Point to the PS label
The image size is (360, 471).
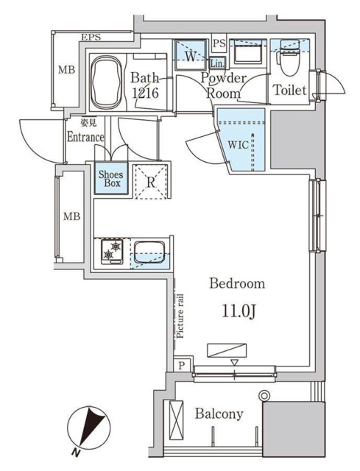click(218, 43)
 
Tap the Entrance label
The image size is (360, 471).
click(85, 137)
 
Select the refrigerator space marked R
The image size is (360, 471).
click(150, 181)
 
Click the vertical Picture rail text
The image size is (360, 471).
click(179, 315)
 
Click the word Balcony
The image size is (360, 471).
click(219, 414)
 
